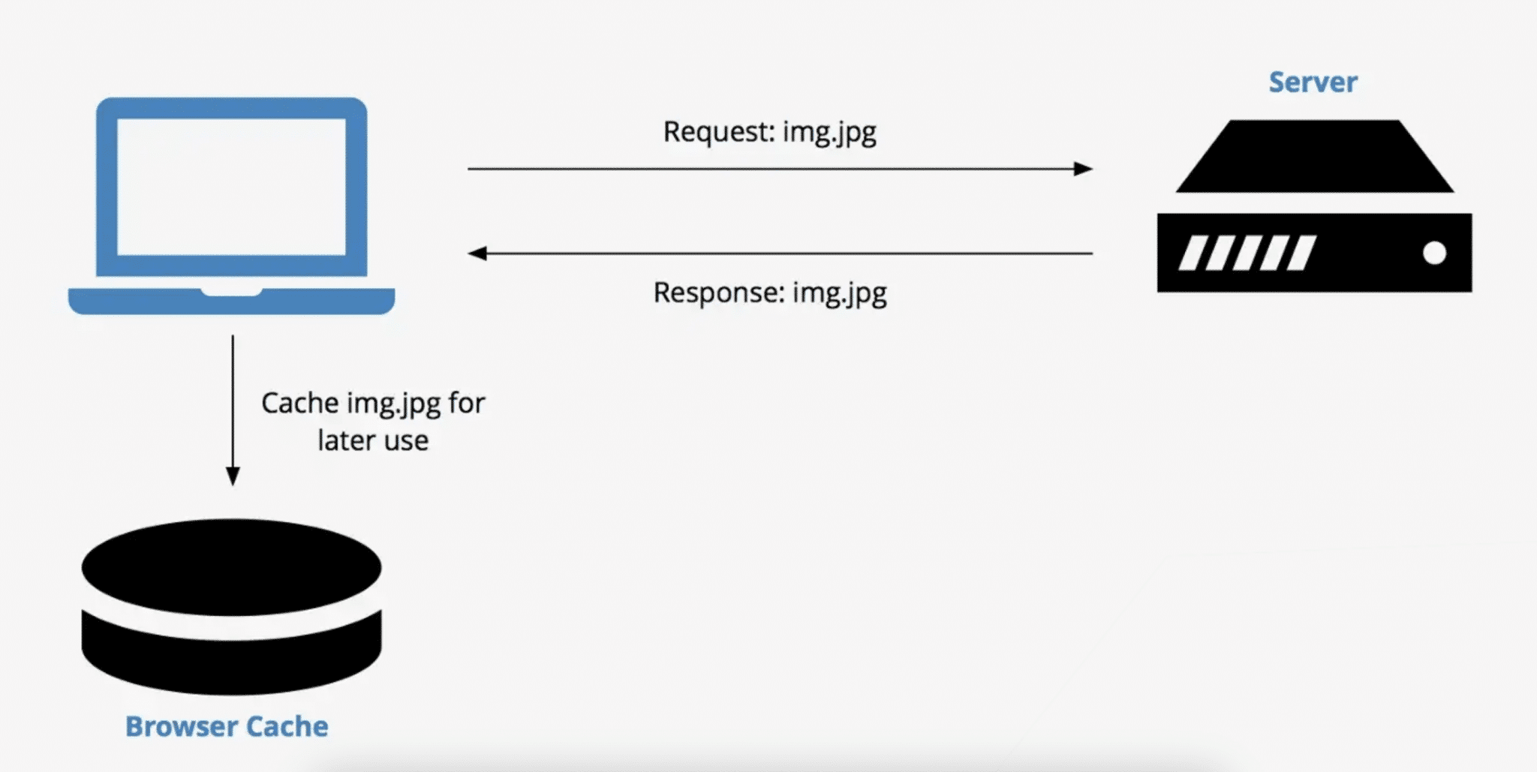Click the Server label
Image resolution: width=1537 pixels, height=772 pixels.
1313,82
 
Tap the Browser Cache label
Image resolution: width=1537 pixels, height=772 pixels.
227,726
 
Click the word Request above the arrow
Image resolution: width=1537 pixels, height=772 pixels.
717,131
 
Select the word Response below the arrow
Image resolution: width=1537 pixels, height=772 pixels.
717,292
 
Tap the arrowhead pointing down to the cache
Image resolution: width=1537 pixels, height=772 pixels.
233,476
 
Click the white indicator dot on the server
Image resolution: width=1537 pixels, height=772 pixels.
1434,254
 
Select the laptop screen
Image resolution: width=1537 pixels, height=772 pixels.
231,187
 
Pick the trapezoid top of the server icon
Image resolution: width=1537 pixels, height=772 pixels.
1314,157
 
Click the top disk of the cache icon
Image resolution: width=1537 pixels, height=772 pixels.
231,567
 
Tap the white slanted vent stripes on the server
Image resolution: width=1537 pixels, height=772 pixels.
1247,253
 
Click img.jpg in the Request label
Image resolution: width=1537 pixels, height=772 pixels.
829,133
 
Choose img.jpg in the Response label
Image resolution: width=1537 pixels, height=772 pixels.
839,293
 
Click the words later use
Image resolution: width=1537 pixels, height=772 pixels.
373,440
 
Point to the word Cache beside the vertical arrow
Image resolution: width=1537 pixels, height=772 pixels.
299,403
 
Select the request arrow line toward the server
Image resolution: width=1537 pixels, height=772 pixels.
773,169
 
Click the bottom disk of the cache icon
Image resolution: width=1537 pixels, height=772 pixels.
231,664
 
